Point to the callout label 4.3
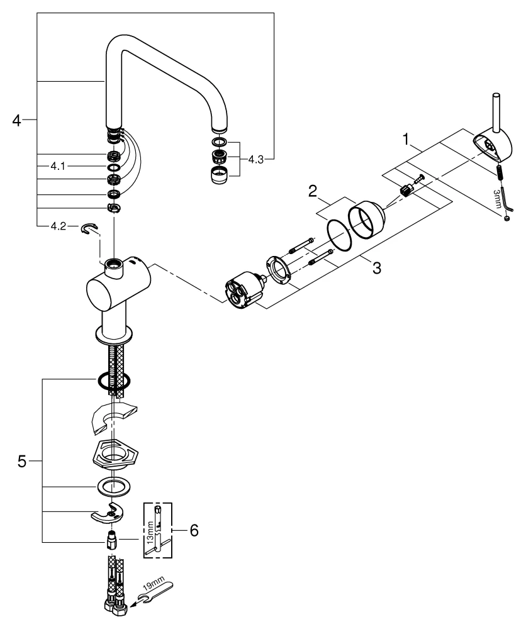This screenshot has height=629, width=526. (x=255, y=160)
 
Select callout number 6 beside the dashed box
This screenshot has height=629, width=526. (x=194, y=530)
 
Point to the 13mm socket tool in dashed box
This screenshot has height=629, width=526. (x=160, y=532)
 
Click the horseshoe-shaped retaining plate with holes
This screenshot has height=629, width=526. (x=111, y=513)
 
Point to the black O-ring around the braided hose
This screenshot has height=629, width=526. (x=113, y=380)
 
